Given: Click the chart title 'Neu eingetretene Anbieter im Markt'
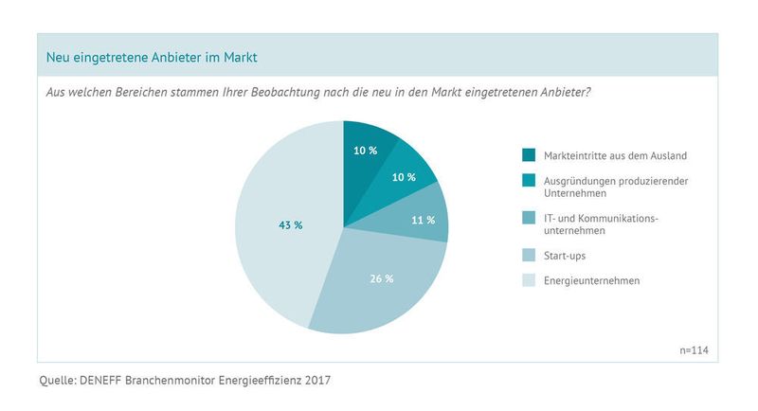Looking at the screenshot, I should click(x=153, y=59).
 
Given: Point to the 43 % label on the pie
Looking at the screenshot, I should click(x=290, y=225).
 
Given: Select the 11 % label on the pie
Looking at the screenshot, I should click(x=424, y=220).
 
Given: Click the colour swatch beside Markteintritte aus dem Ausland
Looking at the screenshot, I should click(x=529, y=155).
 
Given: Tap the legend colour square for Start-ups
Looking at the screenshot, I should click(x=529, y=254).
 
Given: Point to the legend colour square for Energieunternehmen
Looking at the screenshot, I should click(x=529, y=279).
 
